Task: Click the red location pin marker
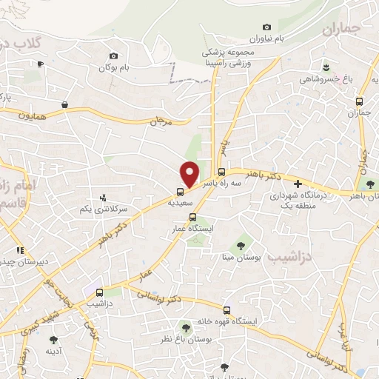[190, 173]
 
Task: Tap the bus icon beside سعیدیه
[171, 199]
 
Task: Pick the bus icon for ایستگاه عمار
[193, 218]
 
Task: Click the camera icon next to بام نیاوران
[266, 27]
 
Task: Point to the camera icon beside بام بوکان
[113, 56]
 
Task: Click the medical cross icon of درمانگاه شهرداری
[298, 184]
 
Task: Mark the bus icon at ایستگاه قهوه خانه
[226, 311]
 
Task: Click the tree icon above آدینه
[53, 340]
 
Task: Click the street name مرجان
[161, 120]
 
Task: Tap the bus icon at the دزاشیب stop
[99, 292]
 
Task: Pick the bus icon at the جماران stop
[359, 101]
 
